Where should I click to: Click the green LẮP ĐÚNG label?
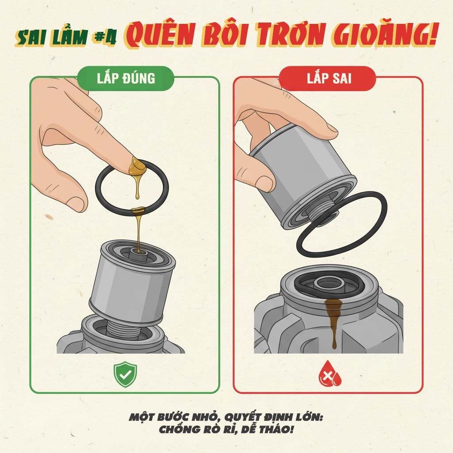(x=126, y=78)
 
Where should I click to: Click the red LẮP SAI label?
(x=327, y=78)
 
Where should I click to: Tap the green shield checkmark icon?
(x=125, y=374)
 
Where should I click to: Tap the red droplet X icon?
(x=330, y=373)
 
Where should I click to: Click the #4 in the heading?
(x=105, y=38)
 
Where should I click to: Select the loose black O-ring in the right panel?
(x=342, y=223)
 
